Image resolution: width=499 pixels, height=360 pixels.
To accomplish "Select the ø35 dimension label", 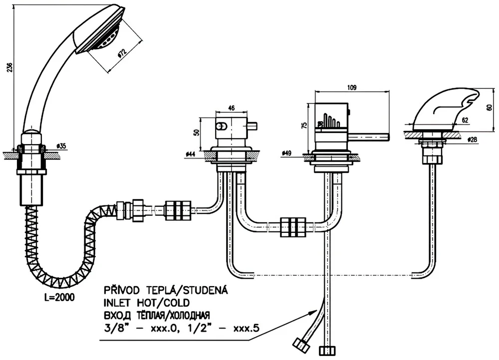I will [61, 146].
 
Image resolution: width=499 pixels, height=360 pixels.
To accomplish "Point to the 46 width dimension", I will [232, 107].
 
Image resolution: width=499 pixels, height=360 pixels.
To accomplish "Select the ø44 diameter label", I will [190, 155].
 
